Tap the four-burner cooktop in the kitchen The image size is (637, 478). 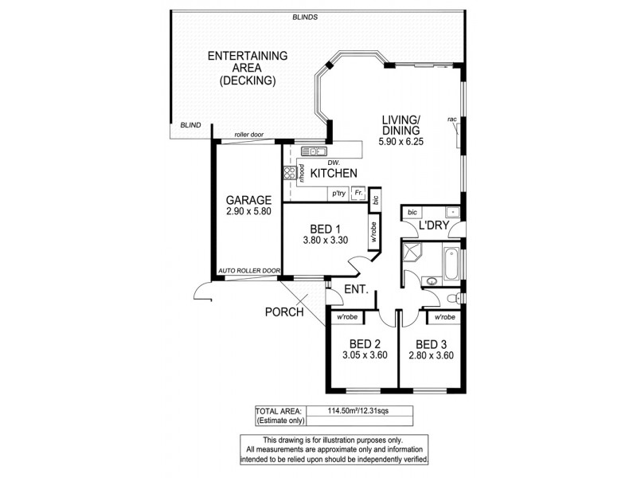coord(287,173)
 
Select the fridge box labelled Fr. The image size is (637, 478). coord(358,192)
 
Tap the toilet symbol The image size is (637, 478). coord(453,297)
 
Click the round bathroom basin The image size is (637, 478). coord(432,280)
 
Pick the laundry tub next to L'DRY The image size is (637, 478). coord(451,213)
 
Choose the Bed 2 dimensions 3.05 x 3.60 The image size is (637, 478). coord(365,355)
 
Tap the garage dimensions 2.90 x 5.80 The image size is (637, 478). coord(248,213)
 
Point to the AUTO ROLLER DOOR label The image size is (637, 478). coord(248,271)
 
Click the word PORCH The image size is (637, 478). coord(285,312)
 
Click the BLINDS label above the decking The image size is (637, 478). coord(305,17)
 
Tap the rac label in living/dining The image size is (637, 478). coord(451,119)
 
